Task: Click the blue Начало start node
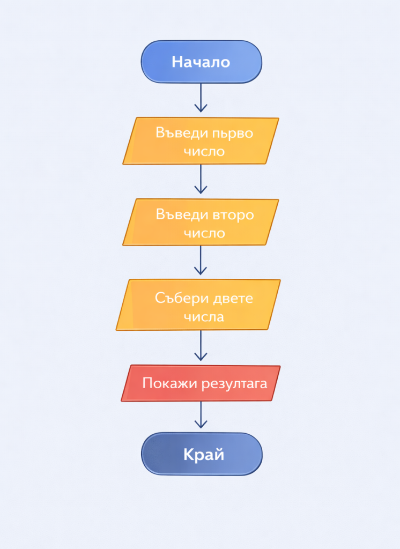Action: (x=201, y=62)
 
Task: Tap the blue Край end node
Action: (x=202, y=454)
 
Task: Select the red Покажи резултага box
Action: (x=201, y=383)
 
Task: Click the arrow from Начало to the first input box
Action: (x=201, y=98)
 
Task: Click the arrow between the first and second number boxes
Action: (x=201, y=179)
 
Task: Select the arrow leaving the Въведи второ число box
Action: (x=201, y=261)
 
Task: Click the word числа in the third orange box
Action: (x=204, y=317)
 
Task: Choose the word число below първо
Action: (x=204, y=152)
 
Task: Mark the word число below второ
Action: (x=204, y=234)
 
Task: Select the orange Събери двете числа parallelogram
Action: (x=198, y=306)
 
